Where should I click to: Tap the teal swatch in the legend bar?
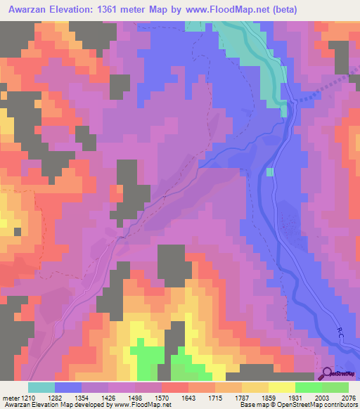(x=41, y=387)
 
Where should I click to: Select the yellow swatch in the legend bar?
(x=282, y=387)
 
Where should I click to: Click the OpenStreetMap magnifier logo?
(x=328, y=375)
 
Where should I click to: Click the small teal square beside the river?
(x=269, y=172)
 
